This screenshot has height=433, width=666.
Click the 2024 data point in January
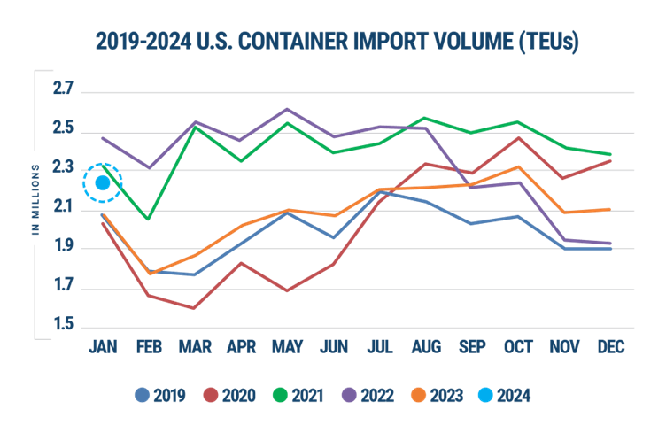pyautogui.click(x=102, y=183)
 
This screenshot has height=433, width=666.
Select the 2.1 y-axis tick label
pyautogui.click(x=63, y=210)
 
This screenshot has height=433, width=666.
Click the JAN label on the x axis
pyautogui.click(x=102, y=347)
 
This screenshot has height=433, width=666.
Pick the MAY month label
pyautogui.click(x=286, y=347)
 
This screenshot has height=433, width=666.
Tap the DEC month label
pyautogui.click(x=611, y=347)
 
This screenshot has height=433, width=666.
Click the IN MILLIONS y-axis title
pyautogui.click(x=36, y=199)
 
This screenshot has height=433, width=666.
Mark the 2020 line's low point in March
pyautogui.click(x=193, y=308)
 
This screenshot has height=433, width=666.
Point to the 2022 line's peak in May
pyautogui.click(x=286, y=109)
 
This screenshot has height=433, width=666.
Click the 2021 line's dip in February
pyautogui.click(x=149, y=219)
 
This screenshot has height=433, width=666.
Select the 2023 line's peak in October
pyautogui.click(x=518, y=166)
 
